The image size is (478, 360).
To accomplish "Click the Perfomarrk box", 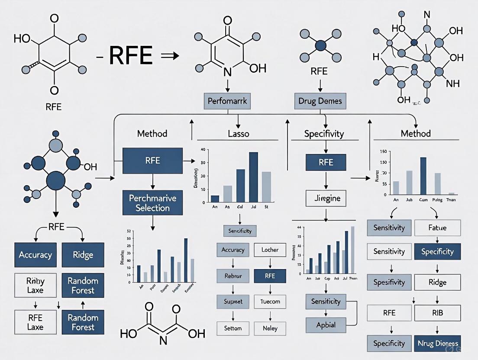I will pyautogui.click(x=227, y=101).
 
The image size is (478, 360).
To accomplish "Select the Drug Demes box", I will pyautogui.click(x=320, y=101).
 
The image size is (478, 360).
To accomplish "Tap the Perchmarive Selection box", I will pyautogui.click(x=152, y=203).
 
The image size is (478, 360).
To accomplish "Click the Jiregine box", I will pyautogui.click(x=326, y=199).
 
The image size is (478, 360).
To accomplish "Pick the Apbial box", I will pyautogui.click(x=326, y=325).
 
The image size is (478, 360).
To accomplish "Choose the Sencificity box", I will pyautogui.click(x=240, y=231).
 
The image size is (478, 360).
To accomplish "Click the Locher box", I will pyautogui.click(x=270, y=250).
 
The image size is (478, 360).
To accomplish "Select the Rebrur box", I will pyautogui.click(x=233, y=276).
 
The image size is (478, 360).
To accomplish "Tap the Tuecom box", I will pyautogui.click(x=270, y=301).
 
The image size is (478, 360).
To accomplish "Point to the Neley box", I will pyautogui.click(x=270, y=328).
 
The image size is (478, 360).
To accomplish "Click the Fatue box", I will pyautogui.click(x=437, y=228).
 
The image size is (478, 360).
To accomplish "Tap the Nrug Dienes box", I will pyautogui.click(x=437, y=344).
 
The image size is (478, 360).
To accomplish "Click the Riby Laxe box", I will pyautogui.click(x=36, y=286).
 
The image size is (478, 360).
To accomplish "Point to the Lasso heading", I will pyautogui.click(x=238, y=134).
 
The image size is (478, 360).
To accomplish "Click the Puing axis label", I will pyautogui.click(x=438, y=200).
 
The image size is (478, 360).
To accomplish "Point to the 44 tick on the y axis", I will pyautogui.click(x=299, y=227).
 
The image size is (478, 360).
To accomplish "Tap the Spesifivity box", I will pyautogui.click(x=389, y=282).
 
